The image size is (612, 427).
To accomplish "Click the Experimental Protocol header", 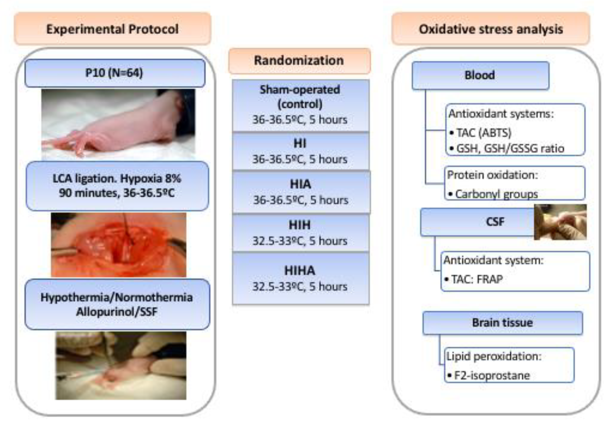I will pyautogui.click(x=112, y=29).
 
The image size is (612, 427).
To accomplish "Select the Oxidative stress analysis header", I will pyautogui.click(x=491, y=29).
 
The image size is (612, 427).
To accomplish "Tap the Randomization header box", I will pyautogui.click(x=299, y=60).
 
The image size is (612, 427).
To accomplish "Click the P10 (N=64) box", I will pyautogui.click(x=115, y=73).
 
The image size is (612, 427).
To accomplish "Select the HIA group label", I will pyautogui.click(x=300, y=184).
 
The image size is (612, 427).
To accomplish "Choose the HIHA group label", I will pyautogui.click(x=300, y=271).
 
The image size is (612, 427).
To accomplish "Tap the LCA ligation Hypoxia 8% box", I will pyautogui.click(x=117, y=186).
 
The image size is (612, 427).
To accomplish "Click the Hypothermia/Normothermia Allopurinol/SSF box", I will pyautogui.click(x=117, y=304).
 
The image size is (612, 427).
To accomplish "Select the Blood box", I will pyautogui.click(x=480, y=75).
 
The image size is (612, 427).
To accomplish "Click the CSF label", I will pyautogui.click(x=495, y=222).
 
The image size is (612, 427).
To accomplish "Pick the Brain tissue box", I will pyautogui.click(x=502, y=323).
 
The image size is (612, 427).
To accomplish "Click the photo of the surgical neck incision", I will pyautogui.click(x=118, y=245).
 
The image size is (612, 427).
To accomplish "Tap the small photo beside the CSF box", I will pyautogui.click(x=560, y=222).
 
